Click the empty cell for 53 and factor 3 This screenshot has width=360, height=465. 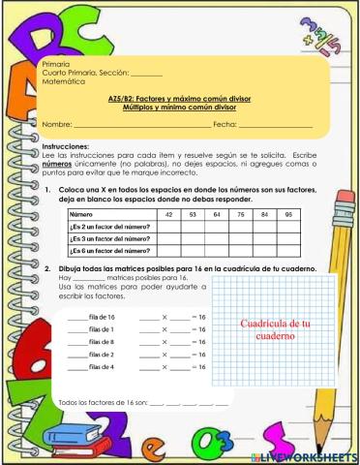point(194,237)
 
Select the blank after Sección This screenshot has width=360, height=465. point(146,74)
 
